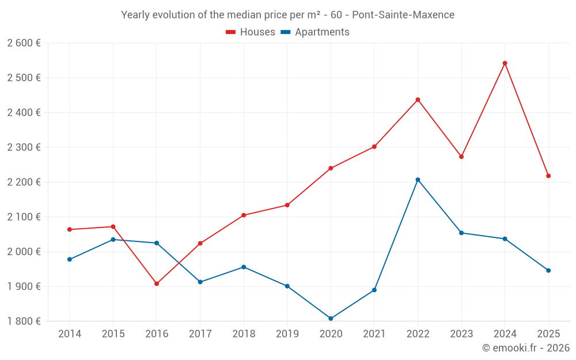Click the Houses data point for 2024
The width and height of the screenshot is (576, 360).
click(505, 63)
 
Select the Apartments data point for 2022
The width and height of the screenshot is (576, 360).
click(418, 180)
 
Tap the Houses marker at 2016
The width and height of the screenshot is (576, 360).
click(157, 283)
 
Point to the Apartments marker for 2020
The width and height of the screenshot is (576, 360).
click(331, 319)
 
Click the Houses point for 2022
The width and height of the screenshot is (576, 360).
click(418, 100)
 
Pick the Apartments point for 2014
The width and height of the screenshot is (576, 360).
click(70, 259)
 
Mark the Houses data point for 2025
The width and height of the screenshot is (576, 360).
click(548, 176)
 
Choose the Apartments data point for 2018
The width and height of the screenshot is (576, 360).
click(244, 267)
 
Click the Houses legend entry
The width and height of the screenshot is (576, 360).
click(251, 32)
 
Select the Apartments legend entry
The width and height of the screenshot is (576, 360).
click(315, 32)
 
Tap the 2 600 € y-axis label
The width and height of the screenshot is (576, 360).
click(24, 43)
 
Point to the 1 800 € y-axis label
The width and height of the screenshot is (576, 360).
click(24, 321)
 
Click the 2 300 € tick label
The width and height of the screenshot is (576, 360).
click(24, 147)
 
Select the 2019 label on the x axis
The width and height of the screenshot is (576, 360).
click(287, 334)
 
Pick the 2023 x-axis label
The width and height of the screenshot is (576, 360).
click(461, 334)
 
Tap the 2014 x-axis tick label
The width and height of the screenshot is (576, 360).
click(70, 334)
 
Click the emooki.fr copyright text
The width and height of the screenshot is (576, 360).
click(525, 348)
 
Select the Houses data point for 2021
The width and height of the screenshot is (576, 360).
click(374, 147)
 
